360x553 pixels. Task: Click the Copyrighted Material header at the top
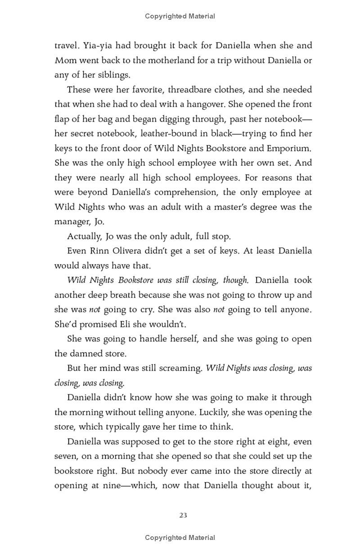[x=180, y=16]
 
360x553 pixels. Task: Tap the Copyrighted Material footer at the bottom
[x=180, y=537]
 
